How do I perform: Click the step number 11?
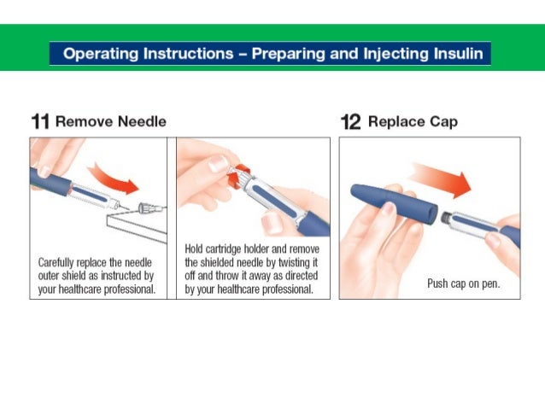(x=40, y=121)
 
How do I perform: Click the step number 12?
(x=350, y=121)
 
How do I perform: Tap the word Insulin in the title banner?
(x=459, y=55)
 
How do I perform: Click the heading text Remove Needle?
(x=110, y=121)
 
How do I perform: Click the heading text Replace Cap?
(x=413, y=121)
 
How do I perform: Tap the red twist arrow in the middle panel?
(x=240, y=171)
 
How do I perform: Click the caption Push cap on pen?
(x=463, y=283)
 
